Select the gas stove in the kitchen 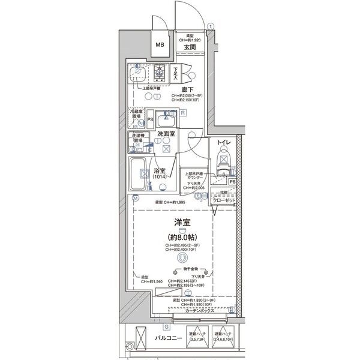160,72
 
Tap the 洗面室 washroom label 166,134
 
